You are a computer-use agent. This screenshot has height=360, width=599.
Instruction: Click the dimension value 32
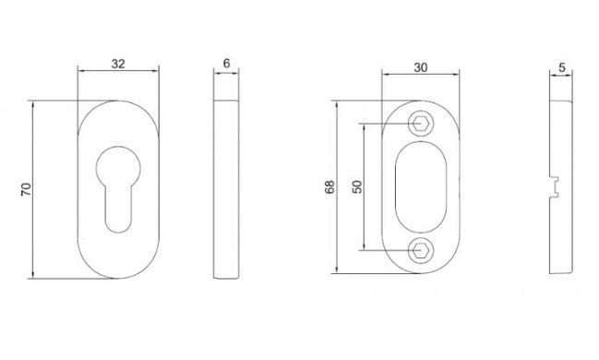pos(118,64)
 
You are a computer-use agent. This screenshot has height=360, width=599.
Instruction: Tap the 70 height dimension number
pos(26,189)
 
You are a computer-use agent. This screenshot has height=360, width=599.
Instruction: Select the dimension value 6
pos(226,63)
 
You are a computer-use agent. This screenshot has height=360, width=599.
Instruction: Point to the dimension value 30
pos(420,67)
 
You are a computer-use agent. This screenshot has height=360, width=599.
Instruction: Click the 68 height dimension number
pos(329,186)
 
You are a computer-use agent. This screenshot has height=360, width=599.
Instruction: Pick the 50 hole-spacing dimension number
pos(357,186)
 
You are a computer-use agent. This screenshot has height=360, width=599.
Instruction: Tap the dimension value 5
pos(561,67)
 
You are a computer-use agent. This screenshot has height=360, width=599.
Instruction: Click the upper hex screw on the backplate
pos(421,124)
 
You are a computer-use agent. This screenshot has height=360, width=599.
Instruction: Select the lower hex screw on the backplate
pos(421,251)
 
